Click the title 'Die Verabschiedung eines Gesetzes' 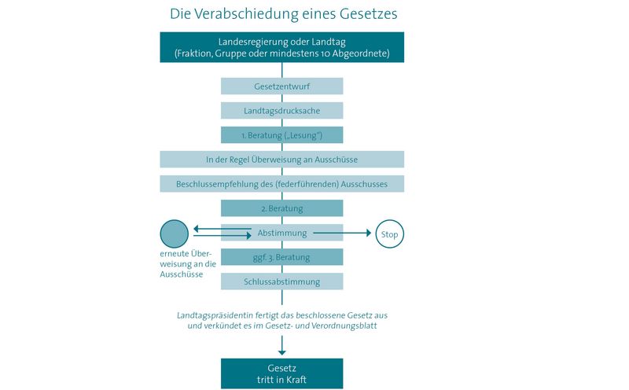(283, 14)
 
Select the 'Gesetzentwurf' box (282, 86)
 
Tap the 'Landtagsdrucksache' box (282, 111)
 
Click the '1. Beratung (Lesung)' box (282, 135)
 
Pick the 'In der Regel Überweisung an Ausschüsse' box (282, 160)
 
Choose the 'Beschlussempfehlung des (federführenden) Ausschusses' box (282, 184)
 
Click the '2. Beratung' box (282, 208)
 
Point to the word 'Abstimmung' (282, 233)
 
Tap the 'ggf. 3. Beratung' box (282, 257)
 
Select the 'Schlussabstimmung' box (282, 281)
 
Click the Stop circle (389, 234)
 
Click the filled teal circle (174, 234)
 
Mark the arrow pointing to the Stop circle (342, 233)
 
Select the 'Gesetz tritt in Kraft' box (282, 373)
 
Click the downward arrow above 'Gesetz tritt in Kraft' (282, 345)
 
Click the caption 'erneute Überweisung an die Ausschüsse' (188, 264)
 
